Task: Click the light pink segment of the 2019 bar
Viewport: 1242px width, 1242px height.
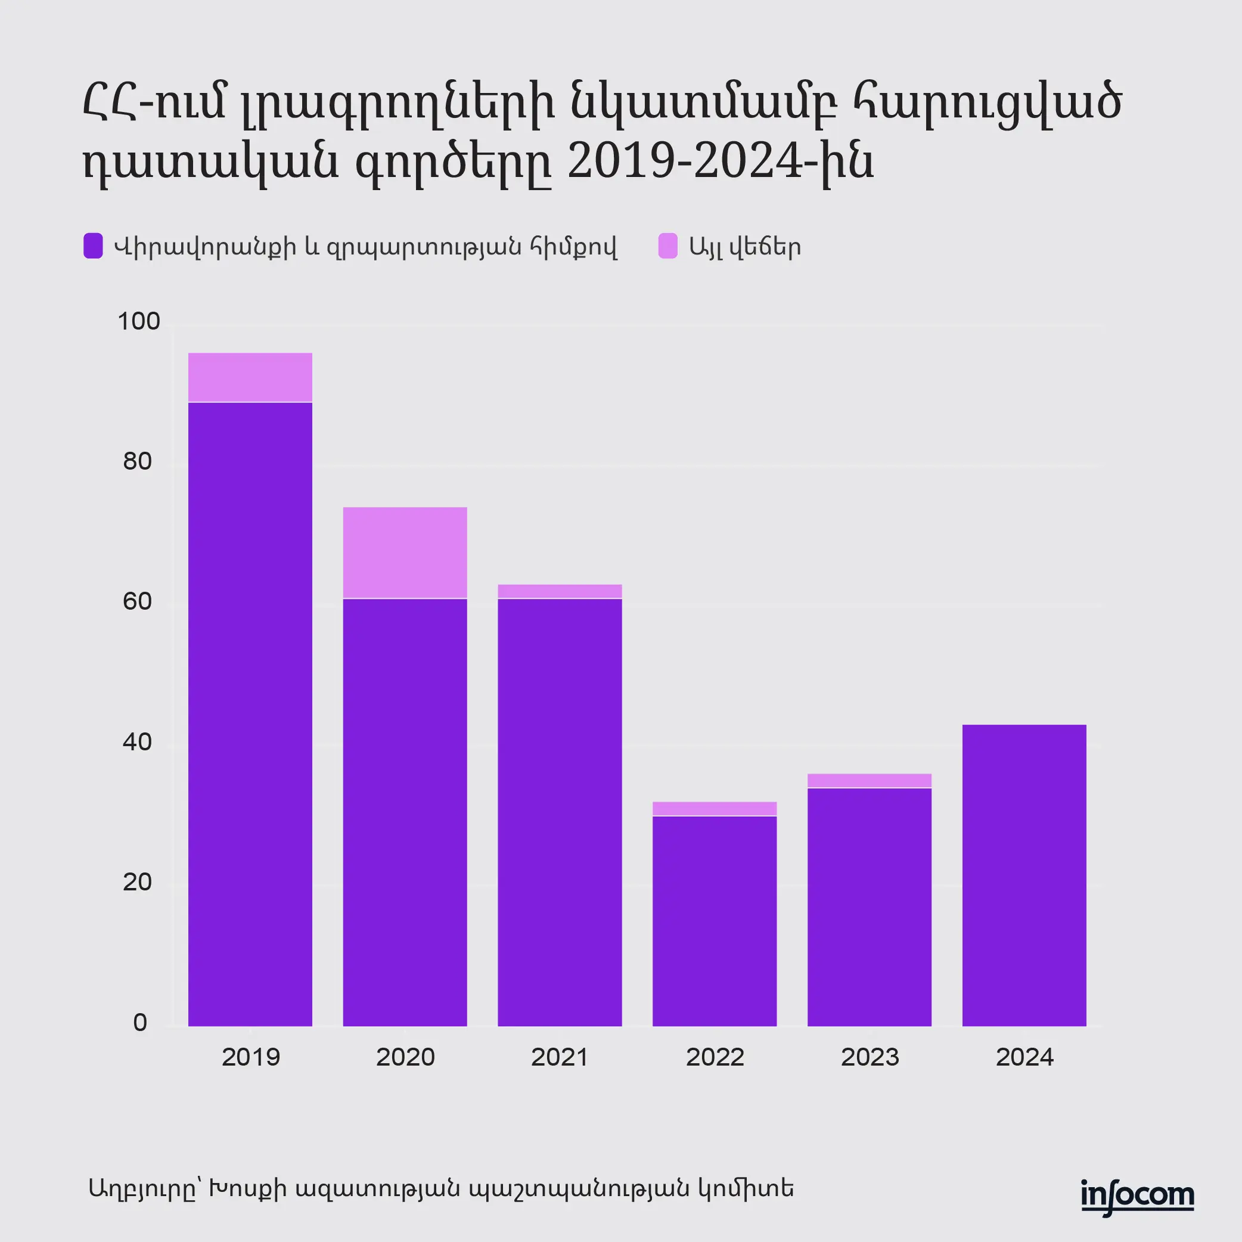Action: (250, 377)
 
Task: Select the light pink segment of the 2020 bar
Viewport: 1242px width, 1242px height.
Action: (405, 553)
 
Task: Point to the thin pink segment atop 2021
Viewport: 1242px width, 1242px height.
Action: (560, 591)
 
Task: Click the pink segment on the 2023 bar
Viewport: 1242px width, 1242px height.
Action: (869, 781)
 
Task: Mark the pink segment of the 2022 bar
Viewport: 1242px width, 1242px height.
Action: (714, 809)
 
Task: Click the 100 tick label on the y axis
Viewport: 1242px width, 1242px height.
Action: (138, 321)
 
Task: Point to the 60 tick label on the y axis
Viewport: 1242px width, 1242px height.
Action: (137, 602)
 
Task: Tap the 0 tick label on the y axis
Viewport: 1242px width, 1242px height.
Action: (140, 1023)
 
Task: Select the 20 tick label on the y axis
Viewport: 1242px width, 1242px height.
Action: (137, 883)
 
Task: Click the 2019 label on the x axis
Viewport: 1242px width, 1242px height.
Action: (251, 1057)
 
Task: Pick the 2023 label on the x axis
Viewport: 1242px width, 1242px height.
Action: (870, 1057)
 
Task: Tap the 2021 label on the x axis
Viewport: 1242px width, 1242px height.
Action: (560, 1057)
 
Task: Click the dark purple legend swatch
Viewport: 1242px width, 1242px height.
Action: (93, 246)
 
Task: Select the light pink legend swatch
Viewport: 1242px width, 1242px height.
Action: (668, 246)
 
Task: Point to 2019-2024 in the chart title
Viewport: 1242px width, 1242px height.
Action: (685, 162)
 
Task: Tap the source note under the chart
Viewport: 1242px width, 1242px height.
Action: (441, 1188)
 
